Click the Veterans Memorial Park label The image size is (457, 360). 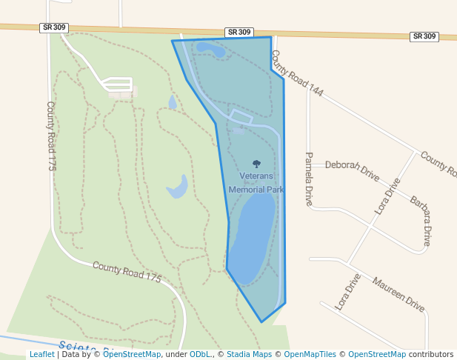tap(256, 182)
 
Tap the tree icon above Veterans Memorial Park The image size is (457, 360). tap(256, 164)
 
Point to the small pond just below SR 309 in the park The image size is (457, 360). tap(210, 50)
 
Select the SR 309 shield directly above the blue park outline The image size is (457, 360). tap(239, 33)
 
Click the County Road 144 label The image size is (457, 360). tap(297, 73)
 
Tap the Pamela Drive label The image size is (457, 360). tap(309, 179)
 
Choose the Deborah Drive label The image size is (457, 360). tap(352, 170)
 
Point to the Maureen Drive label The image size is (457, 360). tap(398, 293)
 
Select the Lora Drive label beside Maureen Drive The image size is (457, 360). tap(347, 291)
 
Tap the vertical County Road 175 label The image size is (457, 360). tap(51, 136)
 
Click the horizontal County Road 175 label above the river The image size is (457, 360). tap(127, 271)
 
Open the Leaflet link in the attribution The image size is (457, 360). tap(42, 355)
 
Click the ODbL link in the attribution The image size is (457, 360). tap(201, 355)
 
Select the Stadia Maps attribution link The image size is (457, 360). tap(248, 355)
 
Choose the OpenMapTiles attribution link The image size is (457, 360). tap(310, 355)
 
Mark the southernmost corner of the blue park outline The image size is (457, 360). tap(261, 322)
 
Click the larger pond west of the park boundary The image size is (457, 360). tap(178, 187)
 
